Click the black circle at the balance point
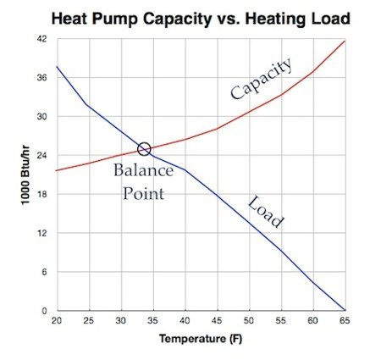(144, 149)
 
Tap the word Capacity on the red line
(261, 78)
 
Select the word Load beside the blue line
(265, 212)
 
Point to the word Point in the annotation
(143, 193)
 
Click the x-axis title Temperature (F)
(200, 340)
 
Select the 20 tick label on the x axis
(56, 322)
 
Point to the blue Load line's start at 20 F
(56, 66)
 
